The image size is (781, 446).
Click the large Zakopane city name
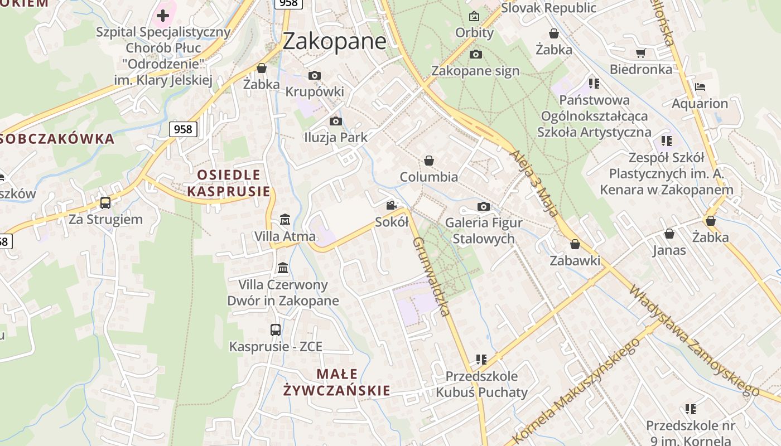334,41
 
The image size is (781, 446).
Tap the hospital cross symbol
163,15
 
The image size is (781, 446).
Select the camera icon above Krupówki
315,75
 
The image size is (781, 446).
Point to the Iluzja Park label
335,137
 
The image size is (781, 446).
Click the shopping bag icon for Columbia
429,161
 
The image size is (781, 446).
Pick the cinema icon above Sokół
392,205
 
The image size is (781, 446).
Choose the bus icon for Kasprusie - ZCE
276,329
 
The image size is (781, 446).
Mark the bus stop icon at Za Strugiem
105,202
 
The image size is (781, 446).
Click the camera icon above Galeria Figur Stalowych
484,207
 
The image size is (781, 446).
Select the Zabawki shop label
575,260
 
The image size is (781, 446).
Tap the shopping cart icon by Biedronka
640,53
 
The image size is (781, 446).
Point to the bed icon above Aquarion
700,87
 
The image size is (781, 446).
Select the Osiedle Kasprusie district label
229,183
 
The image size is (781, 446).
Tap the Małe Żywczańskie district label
336,382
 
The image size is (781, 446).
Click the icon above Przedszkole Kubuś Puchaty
481,360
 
